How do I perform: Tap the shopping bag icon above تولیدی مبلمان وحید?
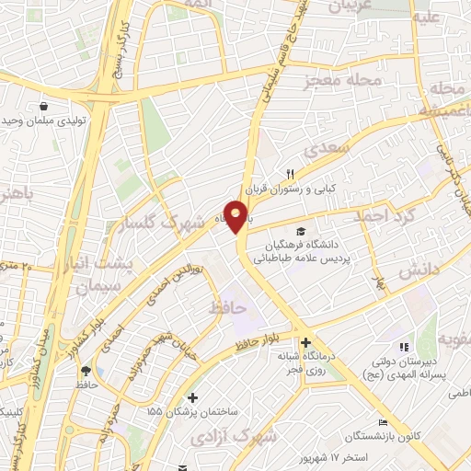point(44,106)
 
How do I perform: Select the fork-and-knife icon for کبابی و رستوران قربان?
point(290,174)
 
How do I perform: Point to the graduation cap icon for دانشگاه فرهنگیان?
point(300,231)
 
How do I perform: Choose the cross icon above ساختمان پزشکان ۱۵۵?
point(191,397)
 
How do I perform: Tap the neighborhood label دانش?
point(416,274)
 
